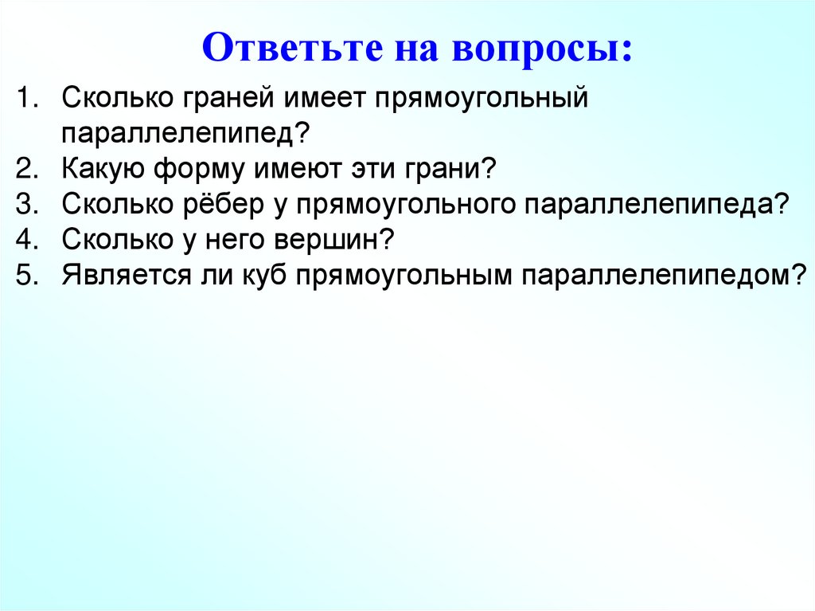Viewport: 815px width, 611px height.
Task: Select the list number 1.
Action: (x=29, y=100)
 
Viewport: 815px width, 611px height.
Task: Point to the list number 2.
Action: (x=29, y=169)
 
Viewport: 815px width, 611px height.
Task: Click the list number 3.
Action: (x=29, y=203)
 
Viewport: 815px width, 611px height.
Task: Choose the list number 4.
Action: (x=29, y=238)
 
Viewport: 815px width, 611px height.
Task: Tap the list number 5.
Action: (x=29, y=273)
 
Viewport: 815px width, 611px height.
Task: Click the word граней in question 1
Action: (x=216, y=100)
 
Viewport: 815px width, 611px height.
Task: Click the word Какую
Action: (x=101, y=169)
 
